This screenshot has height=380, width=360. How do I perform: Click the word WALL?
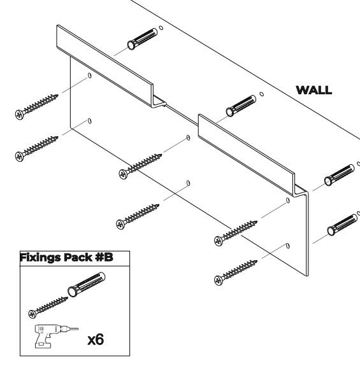tap(313, 90)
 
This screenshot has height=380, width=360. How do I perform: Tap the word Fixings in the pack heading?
tap(40, 257)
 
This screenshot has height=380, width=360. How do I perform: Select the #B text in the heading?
tap(104, 257)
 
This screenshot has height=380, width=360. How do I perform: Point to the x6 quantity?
tap(96, 339)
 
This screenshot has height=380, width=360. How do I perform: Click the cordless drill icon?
tap(56, 336)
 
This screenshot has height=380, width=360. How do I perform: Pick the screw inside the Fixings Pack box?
tap(48, 307)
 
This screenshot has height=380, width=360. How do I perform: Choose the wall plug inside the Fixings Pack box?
tap(87, 285)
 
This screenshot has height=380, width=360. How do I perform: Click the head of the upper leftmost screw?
tap(19, 115)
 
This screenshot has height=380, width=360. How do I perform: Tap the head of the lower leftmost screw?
tap(19, 157)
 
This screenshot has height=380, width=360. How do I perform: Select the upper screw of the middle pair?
tap(140, 166)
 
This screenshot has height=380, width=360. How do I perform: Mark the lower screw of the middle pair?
tap(138, 216)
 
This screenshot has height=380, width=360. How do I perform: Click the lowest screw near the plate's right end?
tap(236, 272)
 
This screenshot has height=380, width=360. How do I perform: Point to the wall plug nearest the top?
tap(142, 39)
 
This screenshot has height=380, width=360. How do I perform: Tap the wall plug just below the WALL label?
tap(241, 106)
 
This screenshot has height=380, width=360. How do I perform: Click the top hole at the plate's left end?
tap(90, 76)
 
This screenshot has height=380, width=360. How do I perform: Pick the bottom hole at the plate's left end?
tap(90, 121)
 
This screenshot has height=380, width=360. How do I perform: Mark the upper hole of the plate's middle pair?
tap(188, 138)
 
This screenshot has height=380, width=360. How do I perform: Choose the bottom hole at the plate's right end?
tap(288, 246)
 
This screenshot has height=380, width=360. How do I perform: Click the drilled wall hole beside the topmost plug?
tap(161, 28)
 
